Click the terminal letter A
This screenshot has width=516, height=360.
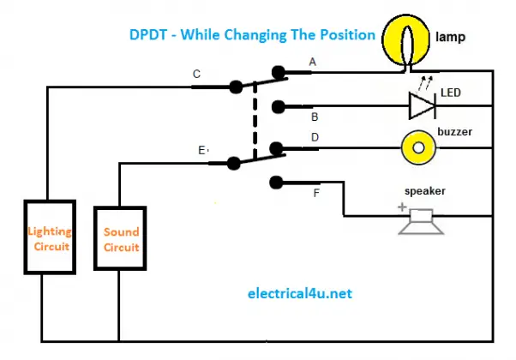(312, 62)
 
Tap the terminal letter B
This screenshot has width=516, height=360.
(315, 117)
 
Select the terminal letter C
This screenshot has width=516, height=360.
(196, 75)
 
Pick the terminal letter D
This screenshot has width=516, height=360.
(315, 136)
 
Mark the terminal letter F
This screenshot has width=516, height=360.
(316, 194)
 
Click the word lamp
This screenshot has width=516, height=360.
(452, 39)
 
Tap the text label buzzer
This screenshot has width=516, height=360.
(455, 132)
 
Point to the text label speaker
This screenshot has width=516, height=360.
(424, 191)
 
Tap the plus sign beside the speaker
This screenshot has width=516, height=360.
(400, 207)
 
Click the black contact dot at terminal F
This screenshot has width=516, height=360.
(275, 181)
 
